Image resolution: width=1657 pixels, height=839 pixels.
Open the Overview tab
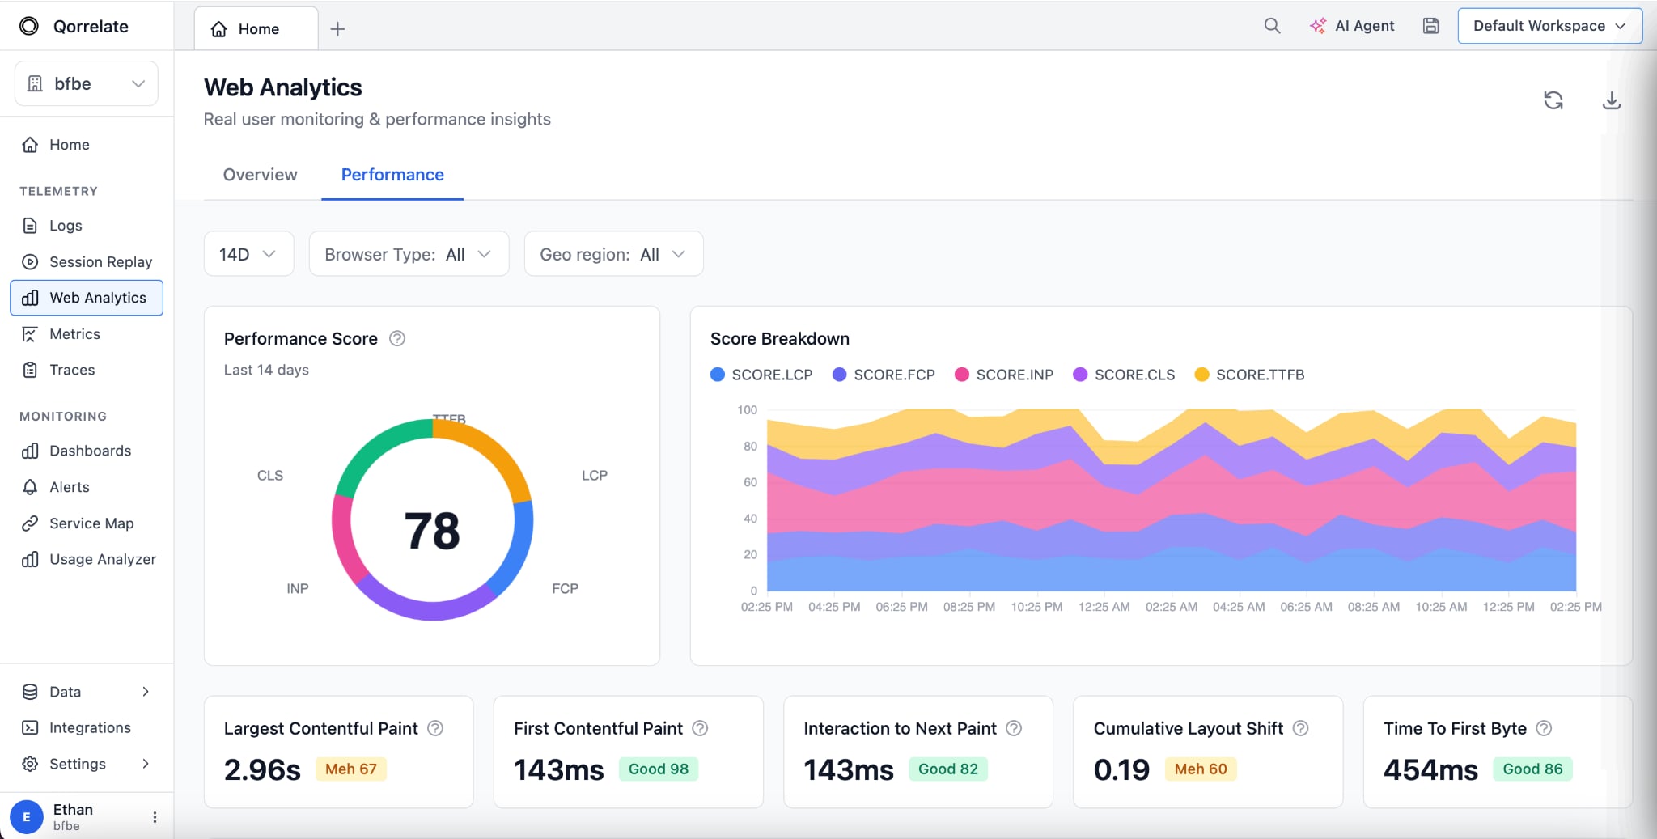coord(260,175)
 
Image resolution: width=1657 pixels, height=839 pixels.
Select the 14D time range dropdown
coord(248,254)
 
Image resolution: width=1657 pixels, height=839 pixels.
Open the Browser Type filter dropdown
coord(409,254)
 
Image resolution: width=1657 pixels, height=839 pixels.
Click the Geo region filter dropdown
coord(613,254)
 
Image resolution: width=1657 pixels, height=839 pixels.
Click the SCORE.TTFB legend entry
coord(1249,375)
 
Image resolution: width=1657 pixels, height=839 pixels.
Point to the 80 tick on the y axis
coord(750,446)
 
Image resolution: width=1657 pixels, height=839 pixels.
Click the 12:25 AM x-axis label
coord(1104,607)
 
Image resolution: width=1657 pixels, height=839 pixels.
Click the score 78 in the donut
coord(432,531)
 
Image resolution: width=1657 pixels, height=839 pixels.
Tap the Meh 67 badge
coord(350,769)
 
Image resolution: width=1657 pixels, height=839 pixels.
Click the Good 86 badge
coord(1532,769)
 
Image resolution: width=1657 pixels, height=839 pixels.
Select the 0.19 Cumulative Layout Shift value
coord(1121,769)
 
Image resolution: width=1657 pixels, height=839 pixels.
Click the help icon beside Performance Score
coord(397,338)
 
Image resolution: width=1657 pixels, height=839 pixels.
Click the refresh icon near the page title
coord(1553,100)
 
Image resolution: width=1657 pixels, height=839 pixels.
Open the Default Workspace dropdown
coord(1549,26)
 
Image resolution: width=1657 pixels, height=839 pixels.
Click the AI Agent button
coord(1352,26)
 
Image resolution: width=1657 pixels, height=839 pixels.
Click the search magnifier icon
coord(1272,26)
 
